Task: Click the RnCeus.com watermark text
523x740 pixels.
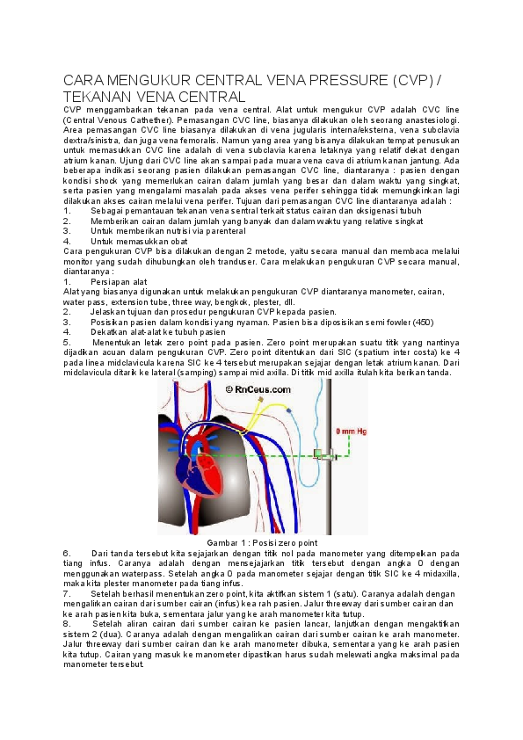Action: [x=256, y=388]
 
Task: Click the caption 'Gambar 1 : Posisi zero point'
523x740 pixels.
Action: [x=261, y=542]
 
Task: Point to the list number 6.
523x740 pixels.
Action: [x=67, y=553]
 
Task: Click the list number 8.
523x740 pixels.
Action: [x=67, y=623]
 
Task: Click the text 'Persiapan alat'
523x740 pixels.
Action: [x=120, y=281]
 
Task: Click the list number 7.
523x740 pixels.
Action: [x=67, y=593]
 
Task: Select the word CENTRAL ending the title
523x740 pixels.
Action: [x=212, y=97]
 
